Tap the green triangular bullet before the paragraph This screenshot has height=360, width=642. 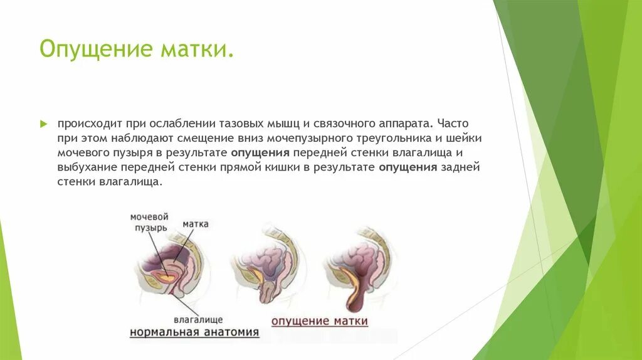click(x=44, y=124)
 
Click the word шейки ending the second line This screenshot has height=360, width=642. click(x=466, y=138)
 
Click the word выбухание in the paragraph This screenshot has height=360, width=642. click(x=86, y=167)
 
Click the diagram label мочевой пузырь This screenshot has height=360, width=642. click(x=149, y=222)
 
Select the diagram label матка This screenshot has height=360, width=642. click(x=196, y=224)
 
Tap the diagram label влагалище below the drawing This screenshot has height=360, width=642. click(x=198, y=319)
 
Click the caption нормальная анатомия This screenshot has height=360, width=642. click(x=194, y=332)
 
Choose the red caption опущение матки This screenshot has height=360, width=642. click(x=319, y=321)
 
